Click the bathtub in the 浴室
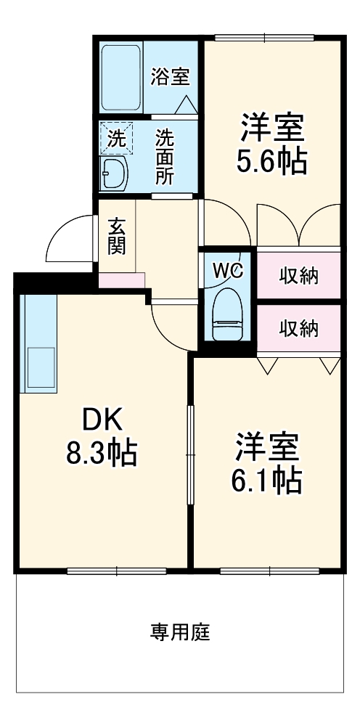pos(120,78)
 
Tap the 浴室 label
pos(171,77)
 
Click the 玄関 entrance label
pos(117,236)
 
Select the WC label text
pos(228,270)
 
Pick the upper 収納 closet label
pos(299,276)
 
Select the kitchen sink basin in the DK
pos(41,367)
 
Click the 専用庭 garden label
pos(180,632)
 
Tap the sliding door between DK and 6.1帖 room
pos(189,454)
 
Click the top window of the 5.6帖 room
pos(265,38)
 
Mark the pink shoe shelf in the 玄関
pos(122,280)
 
